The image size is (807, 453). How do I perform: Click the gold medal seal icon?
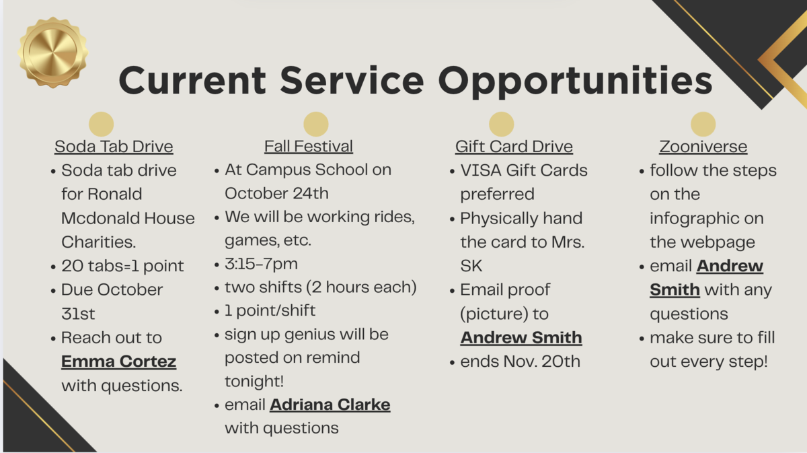pyautogui.click(x=53, y=53)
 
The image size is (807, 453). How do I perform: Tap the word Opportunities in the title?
pyautogui.click(x=576, y=81)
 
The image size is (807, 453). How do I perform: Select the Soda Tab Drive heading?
pyautogui.click(x=114, y=147)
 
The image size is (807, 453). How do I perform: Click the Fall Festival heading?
pyautogui.click(x=309, y=147)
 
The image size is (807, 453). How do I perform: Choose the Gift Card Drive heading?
pyautogui.click(x=514, y=147)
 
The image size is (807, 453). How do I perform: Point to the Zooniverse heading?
pyautogui.click(x=703, y=147)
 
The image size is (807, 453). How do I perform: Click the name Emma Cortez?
pyautogui.click(x=118, y=361)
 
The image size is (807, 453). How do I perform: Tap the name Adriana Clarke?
pyautogui.click(x=330, y=405)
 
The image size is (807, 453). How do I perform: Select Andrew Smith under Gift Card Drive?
pyautogui.click(x=521, y=338)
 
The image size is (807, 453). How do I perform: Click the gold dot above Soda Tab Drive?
pyautogui.click(x=102, y=124)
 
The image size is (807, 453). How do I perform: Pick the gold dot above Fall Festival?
pyautogui.click(x=316, y=124)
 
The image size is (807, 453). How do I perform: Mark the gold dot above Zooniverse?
pyautogui.click(x=703, y=124)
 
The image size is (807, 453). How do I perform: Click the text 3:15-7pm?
pyautogui.click(x=261, y=264)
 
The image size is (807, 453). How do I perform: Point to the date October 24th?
pyautogui.click(x=276, y=194)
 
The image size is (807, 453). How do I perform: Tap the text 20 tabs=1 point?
pyautogui.click(x=122, y=266)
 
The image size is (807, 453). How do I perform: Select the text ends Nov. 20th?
pyautogui.click(x=521, y=361)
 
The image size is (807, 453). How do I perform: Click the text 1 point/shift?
pyautogui.click(x=270, y=310)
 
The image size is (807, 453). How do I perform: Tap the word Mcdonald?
pyautogui.click(x=100, y=218)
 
